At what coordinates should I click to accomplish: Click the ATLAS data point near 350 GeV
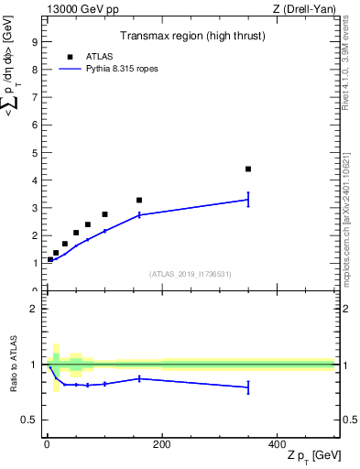point(248,169)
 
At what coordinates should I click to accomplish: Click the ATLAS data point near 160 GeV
point(139,200)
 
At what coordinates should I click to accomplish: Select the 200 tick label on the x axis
point(161,444)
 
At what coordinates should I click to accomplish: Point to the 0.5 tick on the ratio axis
point(28,420)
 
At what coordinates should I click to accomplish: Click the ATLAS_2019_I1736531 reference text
point(190,273)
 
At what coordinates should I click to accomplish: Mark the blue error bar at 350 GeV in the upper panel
point(248,199)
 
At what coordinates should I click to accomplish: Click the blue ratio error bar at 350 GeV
point(248,387)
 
